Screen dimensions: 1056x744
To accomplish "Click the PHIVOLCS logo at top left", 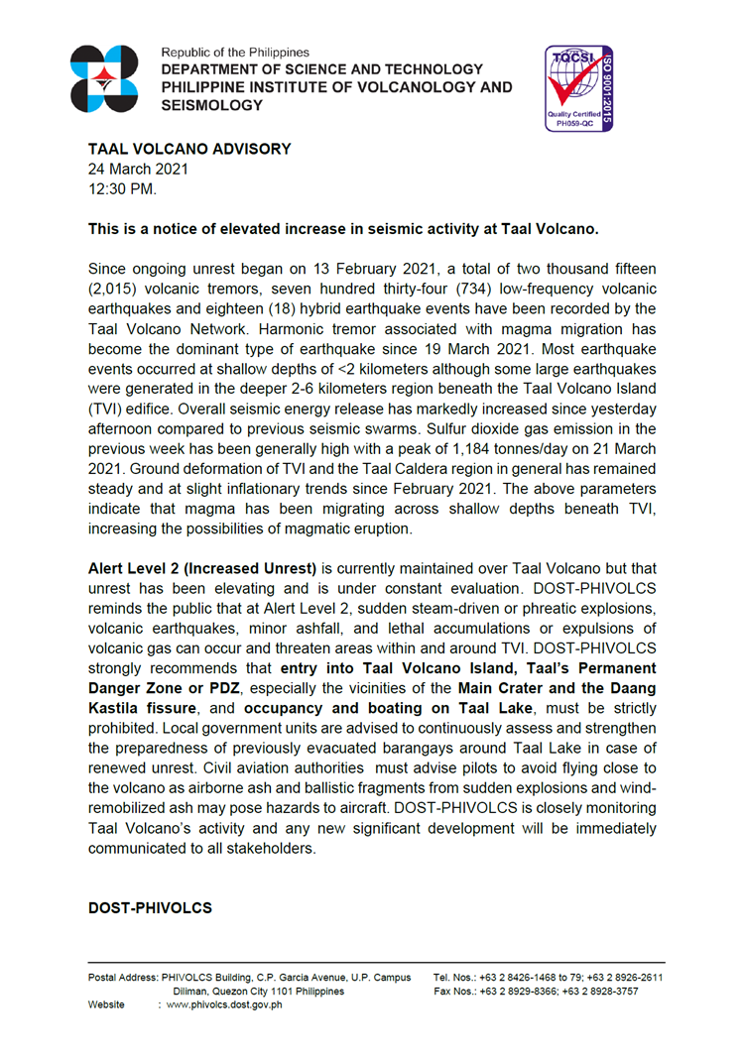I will click(x=105, y=78).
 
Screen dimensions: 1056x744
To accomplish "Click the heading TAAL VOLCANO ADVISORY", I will click(x=189, y=149).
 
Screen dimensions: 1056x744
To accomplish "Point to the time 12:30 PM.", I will click(x=123, y=187).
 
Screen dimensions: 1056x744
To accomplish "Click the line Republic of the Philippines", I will click(x=235, y=52).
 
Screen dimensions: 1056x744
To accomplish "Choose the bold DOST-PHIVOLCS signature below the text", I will click(x=150, y=907).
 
